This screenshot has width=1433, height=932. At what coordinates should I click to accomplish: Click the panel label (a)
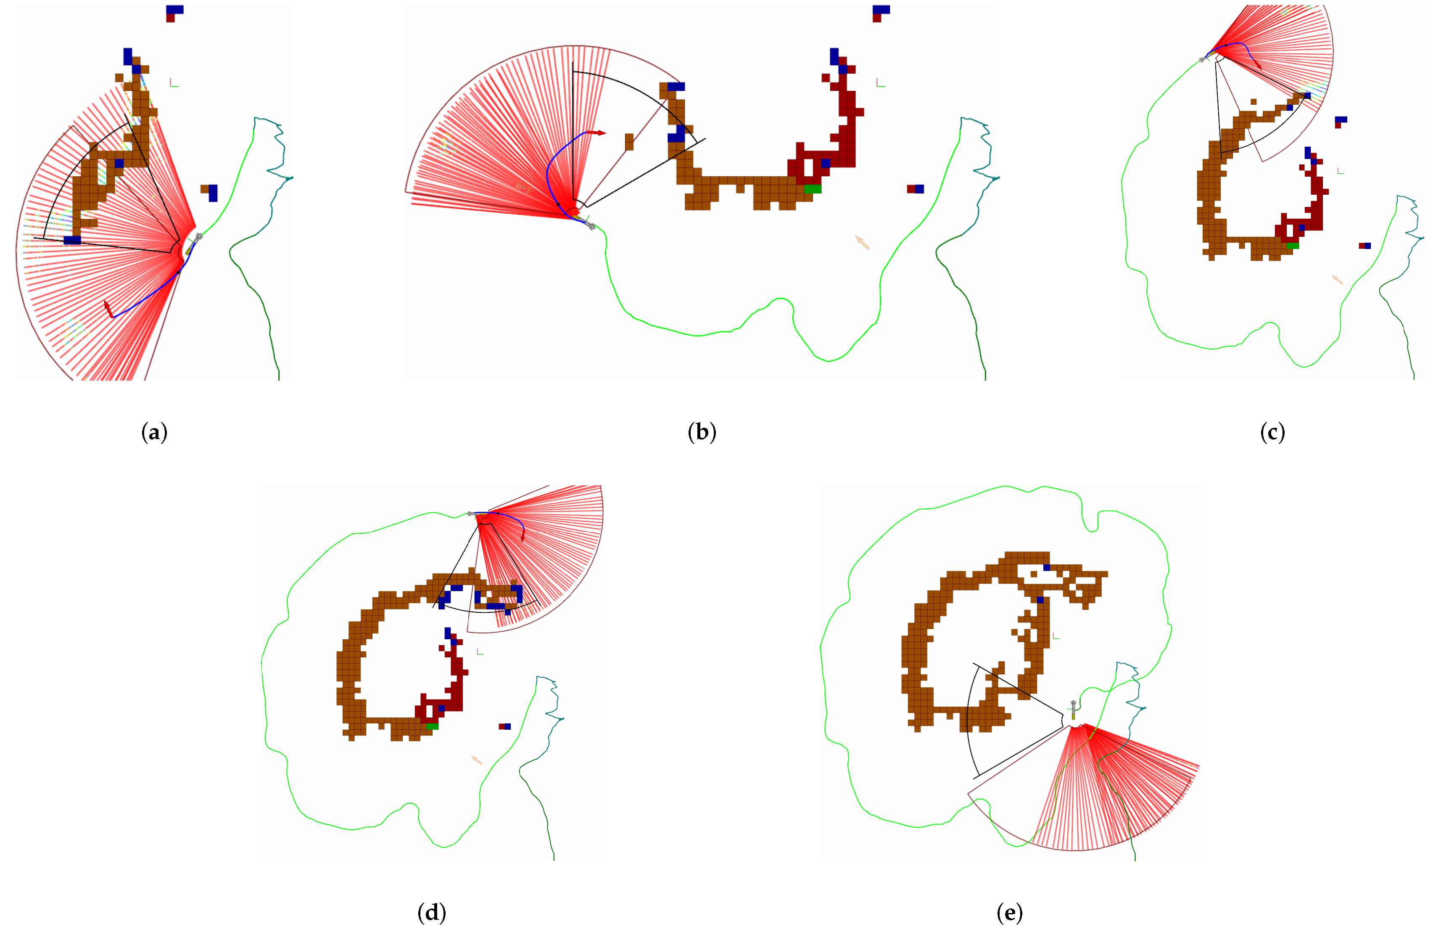pos(154,432)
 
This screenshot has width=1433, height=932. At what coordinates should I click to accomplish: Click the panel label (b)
pos(702,432)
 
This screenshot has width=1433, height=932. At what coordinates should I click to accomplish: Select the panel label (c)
pos(1272,432)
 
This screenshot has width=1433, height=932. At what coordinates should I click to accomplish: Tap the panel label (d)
pos(432,913)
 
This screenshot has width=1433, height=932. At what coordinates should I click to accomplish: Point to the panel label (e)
pos(1010,913)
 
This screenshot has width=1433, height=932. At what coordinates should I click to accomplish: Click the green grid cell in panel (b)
pos(812,189)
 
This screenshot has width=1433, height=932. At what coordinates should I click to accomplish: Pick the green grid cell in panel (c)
pos(1292,246)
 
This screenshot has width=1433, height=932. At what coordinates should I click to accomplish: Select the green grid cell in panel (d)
pos(432,727)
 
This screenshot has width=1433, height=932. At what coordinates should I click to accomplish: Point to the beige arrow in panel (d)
pos(476,760)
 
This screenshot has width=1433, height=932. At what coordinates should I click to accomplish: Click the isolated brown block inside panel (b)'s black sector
pos(629,142)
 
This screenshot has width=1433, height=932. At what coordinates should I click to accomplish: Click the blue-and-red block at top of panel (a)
pos(174,13)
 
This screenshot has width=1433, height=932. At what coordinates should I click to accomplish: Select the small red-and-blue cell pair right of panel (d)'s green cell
pos(504,727)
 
